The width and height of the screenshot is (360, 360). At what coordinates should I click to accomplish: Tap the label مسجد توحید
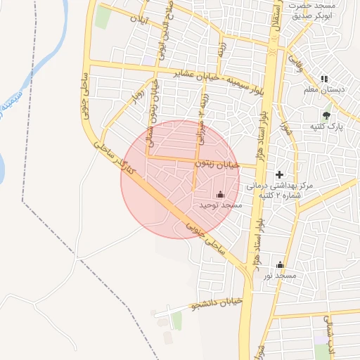pyautogui.click(x=221, y=205)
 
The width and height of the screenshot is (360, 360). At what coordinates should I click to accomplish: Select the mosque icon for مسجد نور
pyautogui.click(x=281, y=265)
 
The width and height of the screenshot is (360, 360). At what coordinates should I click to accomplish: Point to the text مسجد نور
pyautogui.click(x=281, y=276)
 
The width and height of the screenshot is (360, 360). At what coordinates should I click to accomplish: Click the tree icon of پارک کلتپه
pyautogui.click(x=326, y=115)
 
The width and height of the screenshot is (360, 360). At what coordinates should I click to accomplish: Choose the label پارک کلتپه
pyautogui.click(x=326, y=127)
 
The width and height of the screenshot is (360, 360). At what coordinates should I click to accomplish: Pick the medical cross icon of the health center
pyautogui.click(x=279, y=174)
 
